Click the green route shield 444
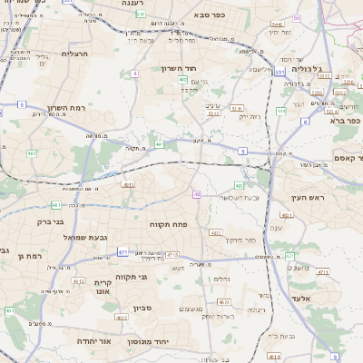point(281,111)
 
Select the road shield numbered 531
point(280,71)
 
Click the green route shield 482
point(159,143)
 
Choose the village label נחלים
point(221,279)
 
